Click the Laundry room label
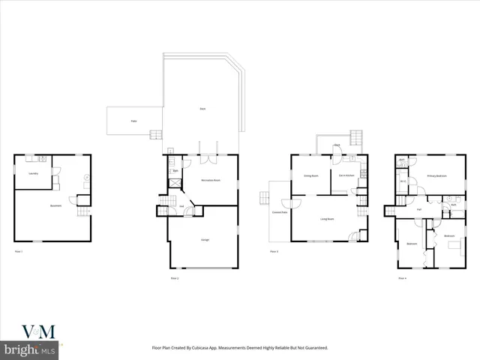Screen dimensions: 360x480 (33, 174)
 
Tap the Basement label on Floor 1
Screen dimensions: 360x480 (55, 206)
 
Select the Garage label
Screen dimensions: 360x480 (205, 239)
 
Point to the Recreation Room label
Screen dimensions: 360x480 (211, 181)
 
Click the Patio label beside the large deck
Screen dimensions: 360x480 (134, 120)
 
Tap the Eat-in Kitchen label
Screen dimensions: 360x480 (346, 176)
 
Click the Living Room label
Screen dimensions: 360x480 (327, 219)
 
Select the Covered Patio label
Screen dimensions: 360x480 (277, 213)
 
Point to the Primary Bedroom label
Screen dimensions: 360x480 (436, 176)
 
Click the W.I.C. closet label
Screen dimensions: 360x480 (403, 181)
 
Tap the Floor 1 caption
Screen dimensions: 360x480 (19, 251)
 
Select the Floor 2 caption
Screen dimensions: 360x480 (175, 278)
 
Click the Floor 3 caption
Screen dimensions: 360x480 (274, 251)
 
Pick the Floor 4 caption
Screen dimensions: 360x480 (402, 278)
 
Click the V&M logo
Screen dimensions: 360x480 (33, 332)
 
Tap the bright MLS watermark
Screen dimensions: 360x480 (30, 350)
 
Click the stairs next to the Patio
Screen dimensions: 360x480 (156, 135)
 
